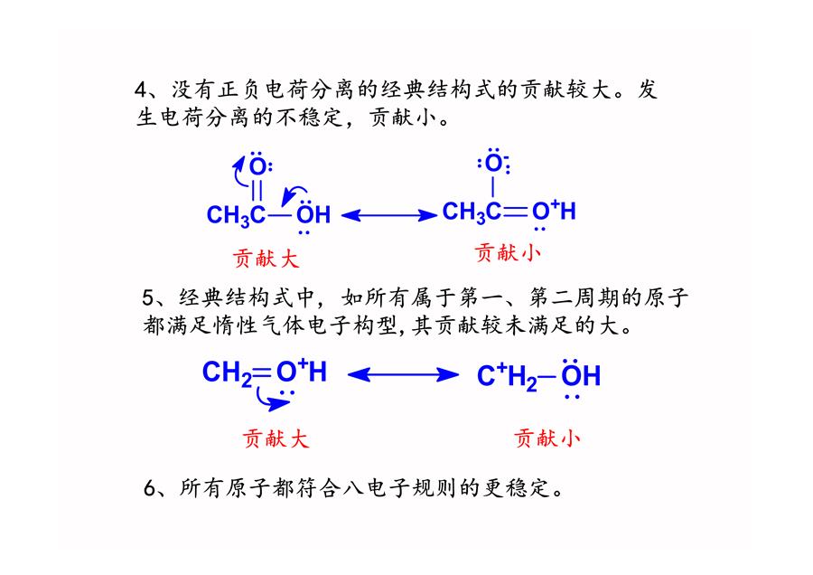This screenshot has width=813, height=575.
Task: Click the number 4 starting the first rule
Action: [x=141, y=90]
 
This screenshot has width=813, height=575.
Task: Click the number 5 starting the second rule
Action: [x=148, y=297]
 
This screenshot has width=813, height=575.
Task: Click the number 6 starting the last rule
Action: [x=150, y=488]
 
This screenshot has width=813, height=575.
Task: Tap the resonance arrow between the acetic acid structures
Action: [x=389, y=215]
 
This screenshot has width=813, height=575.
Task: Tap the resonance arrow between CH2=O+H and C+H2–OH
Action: [x=403, y=374]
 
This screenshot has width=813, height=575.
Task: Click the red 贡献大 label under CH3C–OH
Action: [x=266, y=258]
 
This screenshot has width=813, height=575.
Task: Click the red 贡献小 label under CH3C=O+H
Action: [x=508, y=253]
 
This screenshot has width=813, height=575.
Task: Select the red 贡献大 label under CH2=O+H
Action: [x=276, y=438]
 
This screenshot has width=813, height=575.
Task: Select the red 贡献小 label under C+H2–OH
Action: [x=547, y=438]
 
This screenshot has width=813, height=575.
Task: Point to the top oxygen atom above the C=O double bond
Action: [x=257, y=166]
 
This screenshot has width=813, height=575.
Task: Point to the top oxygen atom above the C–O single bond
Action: [x=493, y=163]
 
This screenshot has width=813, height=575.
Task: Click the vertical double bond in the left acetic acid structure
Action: [x=257, y=190]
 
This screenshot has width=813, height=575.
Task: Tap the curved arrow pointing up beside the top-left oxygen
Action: [x=239, y=171]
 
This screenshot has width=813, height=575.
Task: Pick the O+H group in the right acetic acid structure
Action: [x=554, y=211]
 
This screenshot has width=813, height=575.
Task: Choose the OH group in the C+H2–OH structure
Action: [x=581, y=375]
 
